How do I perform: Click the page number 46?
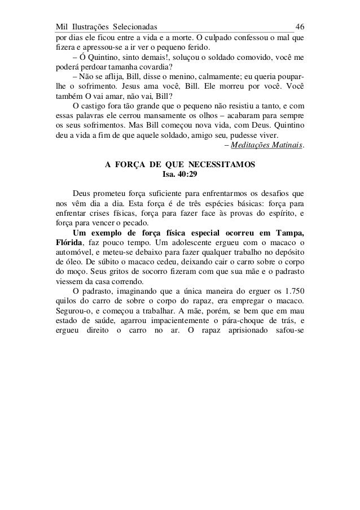(x=300, y=27)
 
